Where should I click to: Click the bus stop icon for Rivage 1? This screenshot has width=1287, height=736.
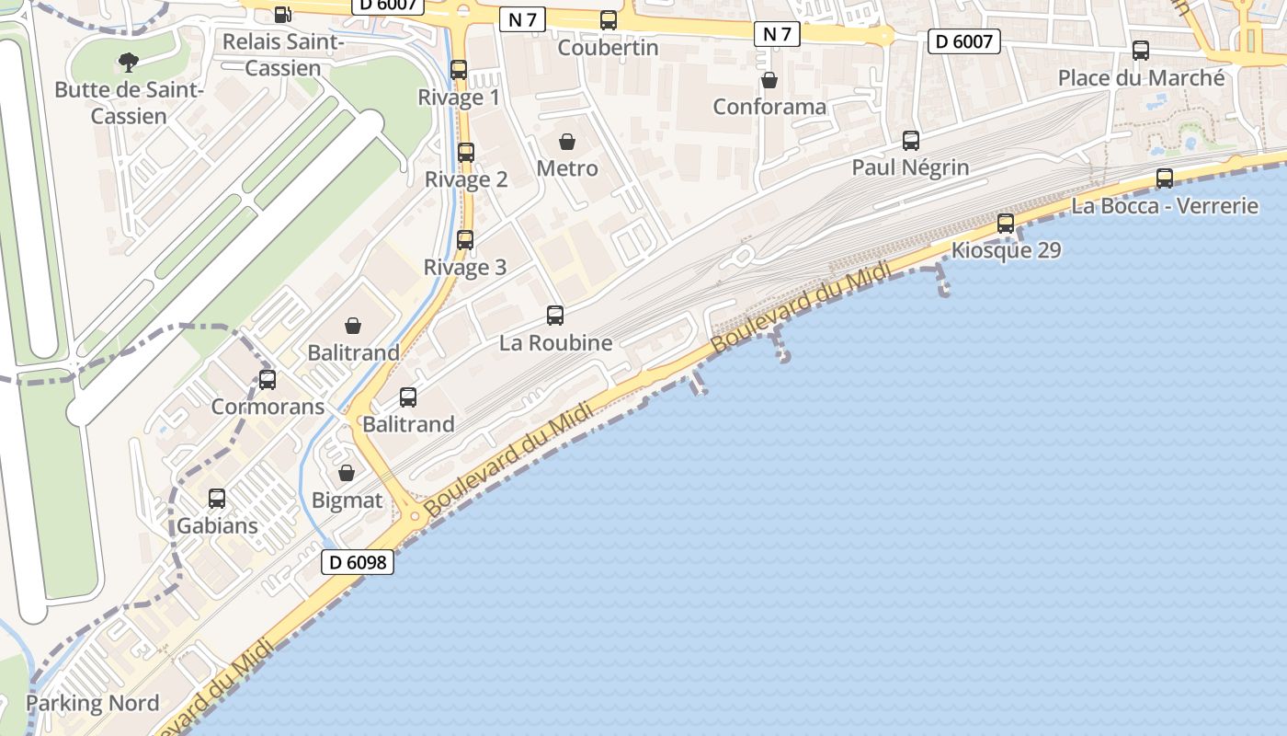click(459, 70)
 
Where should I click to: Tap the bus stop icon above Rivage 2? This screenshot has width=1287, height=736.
click(466, 153)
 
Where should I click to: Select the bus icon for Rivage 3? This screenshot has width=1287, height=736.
click(465, 240)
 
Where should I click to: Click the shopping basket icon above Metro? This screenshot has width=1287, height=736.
click(567, 142)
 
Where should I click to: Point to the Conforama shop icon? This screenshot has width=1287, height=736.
click(769, 81)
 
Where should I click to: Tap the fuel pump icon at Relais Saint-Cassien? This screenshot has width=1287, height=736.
click(283, 15)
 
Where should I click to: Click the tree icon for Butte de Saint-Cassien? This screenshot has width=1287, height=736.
click(129, 63)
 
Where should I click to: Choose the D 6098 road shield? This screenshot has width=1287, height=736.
click(358, 562)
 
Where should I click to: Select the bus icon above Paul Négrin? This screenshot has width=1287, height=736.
click(910, 141)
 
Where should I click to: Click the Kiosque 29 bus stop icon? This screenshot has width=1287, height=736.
click(1006, 224)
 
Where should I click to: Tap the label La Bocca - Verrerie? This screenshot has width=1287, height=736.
click(1165, 205)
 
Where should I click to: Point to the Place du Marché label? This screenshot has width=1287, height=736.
click(1141, 78)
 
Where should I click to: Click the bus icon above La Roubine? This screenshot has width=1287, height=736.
click(555, 316)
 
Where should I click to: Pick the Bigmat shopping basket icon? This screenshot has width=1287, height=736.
click(347, 474)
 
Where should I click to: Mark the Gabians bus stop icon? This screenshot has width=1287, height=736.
click(217, 499)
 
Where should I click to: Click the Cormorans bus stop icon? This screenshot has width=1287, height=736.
click(268, 379)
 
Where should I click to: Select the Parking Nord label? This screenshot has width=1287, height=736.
click(92, 704)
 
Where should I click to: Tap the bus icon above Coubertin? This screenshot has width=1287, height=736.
click(608, 20)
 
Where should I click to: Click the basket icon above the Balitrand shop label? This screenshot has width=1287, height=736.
click(353, 326)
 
